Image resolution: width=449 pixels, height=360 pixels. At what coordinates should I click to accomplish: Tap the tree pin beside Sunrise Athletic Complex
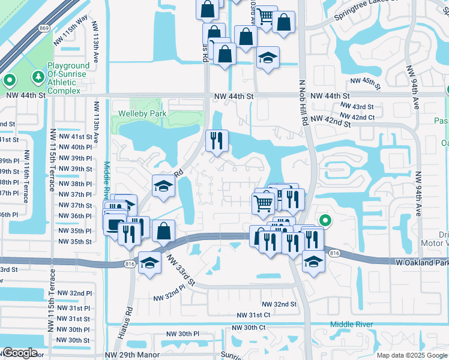coord(38,77)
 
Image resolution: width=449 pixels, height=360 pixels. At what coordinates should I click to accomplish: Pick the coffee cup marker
coord(113,224)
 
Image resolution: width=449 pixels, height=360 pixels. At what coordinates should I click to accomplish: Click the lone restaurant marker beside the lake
coord(217,141)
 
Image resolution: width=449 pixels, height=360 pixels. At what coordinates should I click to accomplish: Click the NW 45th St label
coord(366,82)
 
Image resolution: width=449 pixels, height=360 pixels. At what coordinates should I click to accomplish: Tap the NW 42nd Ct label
coord(358,117)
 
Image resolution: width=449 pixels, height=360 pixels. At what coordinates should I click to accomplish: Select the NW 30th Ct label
coord(249,327)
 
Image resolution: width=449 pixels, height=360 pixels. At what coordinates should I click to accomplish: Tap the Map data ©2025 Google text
coord(411,355)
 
